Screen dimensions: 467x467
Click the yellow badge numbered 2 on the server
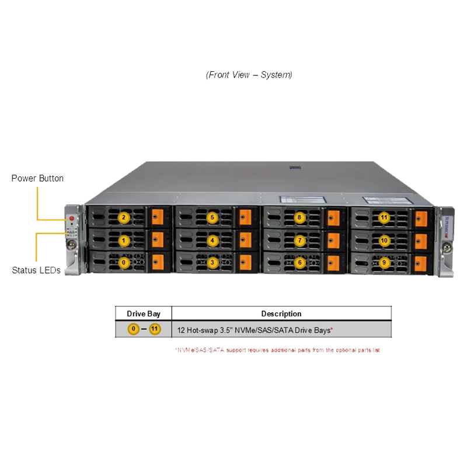click(123, 218)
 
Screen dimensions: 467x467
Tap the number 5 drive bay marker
click(212, 218)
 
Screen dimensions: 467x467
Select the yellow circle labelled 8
click(299, 218)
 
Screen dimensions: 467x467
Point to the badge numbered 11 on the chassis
click(384, 218)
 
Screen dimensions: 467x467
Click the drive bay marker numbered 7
click(299, 240)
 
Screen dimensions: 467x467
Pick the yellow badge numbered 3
click(212, 263)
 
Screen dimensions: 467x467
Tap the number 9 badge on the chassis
click(384, 263)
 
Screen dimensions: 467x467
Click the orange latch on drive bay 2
click(156, 218)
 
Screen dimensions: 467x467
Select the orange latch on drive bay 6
click(333, 263)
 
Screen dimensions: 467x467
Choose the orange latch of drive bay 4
click(245, 240)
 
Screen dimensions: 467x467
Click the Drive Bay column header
click(144, 313)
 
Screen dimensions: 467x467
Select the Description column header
click(281, 313)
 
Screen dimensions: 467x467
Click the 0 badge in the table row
click(134, 329)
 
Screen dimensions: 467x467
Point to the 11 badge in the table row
click(154, 329)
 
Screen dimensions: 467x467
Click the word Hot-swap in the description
click(203, 330)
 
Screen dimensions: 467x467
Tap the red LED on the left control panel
click(72, 218)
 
